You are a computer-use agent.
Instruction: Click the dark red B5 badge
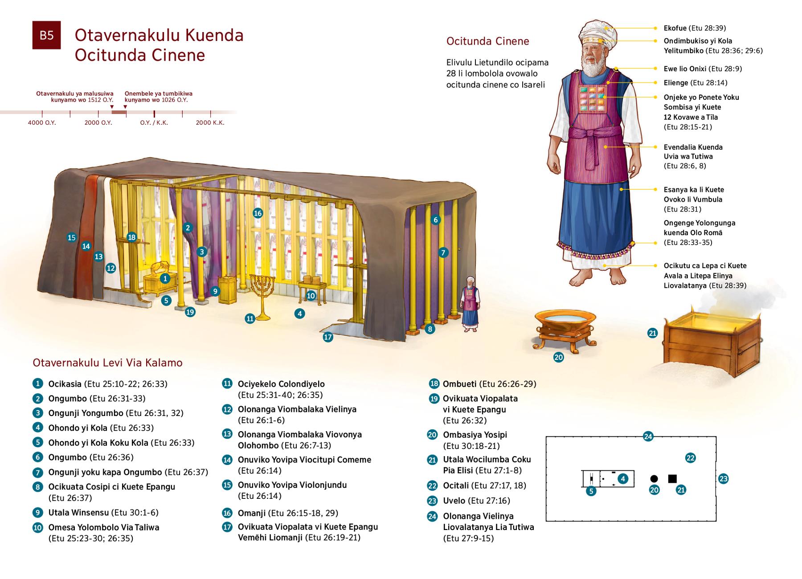coord(46,35)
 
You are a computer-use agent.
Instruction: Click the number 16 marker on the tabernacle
coord(258,213)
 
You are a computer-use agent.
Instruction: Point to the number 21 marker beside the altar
coord(652,333)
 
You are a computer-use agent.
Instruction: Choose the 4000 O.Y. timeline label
coord(42,122)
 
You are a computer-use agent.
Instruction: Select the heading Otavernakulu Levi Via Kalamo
coord(107,363)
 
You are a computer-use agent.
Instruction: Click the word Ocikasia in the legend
coord(65,384)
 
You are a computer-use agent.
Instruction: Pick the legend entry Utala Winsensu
coord(78,513)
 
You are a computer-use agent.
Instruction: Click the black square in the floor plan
coord(672,479)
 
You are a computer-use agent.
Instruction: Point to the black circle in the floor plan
coord(654,479)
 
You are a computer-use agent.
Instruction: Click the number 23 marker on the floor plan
coord(723,479)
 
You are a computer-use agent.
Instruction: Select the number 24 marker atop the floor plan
coord(648,436)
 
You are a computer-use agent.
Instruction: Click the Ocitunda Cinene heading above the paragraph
coord(487,41)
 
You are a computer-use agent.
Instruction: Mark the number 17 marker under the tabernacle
coord(328,337)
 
